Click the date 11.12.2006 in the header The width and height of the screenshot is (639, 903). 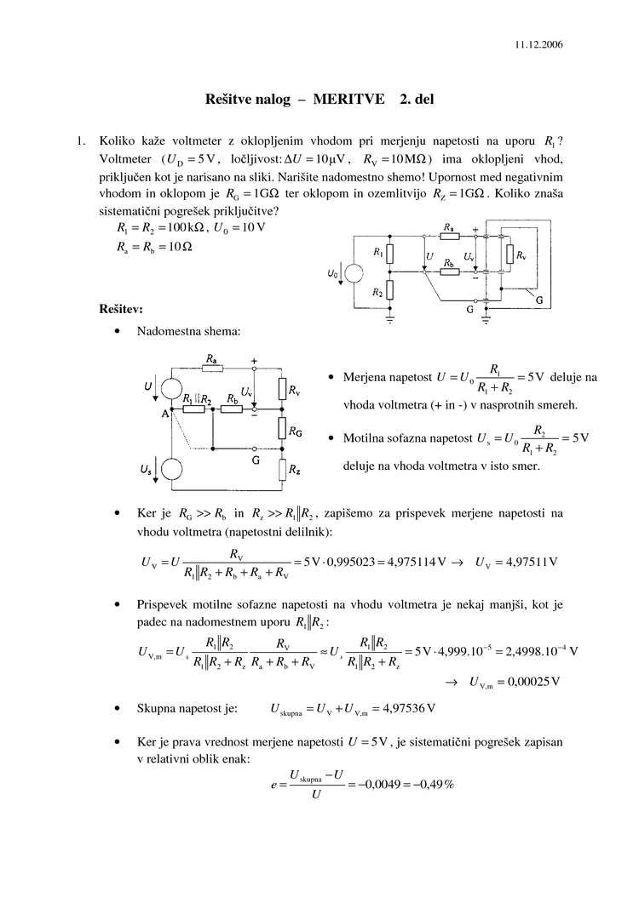click(538, 43)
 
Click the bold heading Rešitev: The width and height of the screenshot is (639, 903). click(121, 308)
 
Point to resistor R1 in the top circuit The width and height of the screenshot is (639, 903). click(389, 254)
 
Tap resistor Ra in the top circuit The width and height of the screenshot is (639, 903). click(448, 236)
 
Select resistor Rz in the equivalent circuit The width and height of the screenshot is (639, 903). click(281, 469)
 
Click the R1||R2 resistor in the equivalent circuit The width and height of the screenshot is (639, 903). click(195, 409)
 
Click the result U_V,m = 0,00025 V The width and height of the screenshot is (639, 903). click(514, 683)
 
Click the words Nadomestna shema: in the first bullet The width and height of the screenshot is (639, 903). click(188, 331)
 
